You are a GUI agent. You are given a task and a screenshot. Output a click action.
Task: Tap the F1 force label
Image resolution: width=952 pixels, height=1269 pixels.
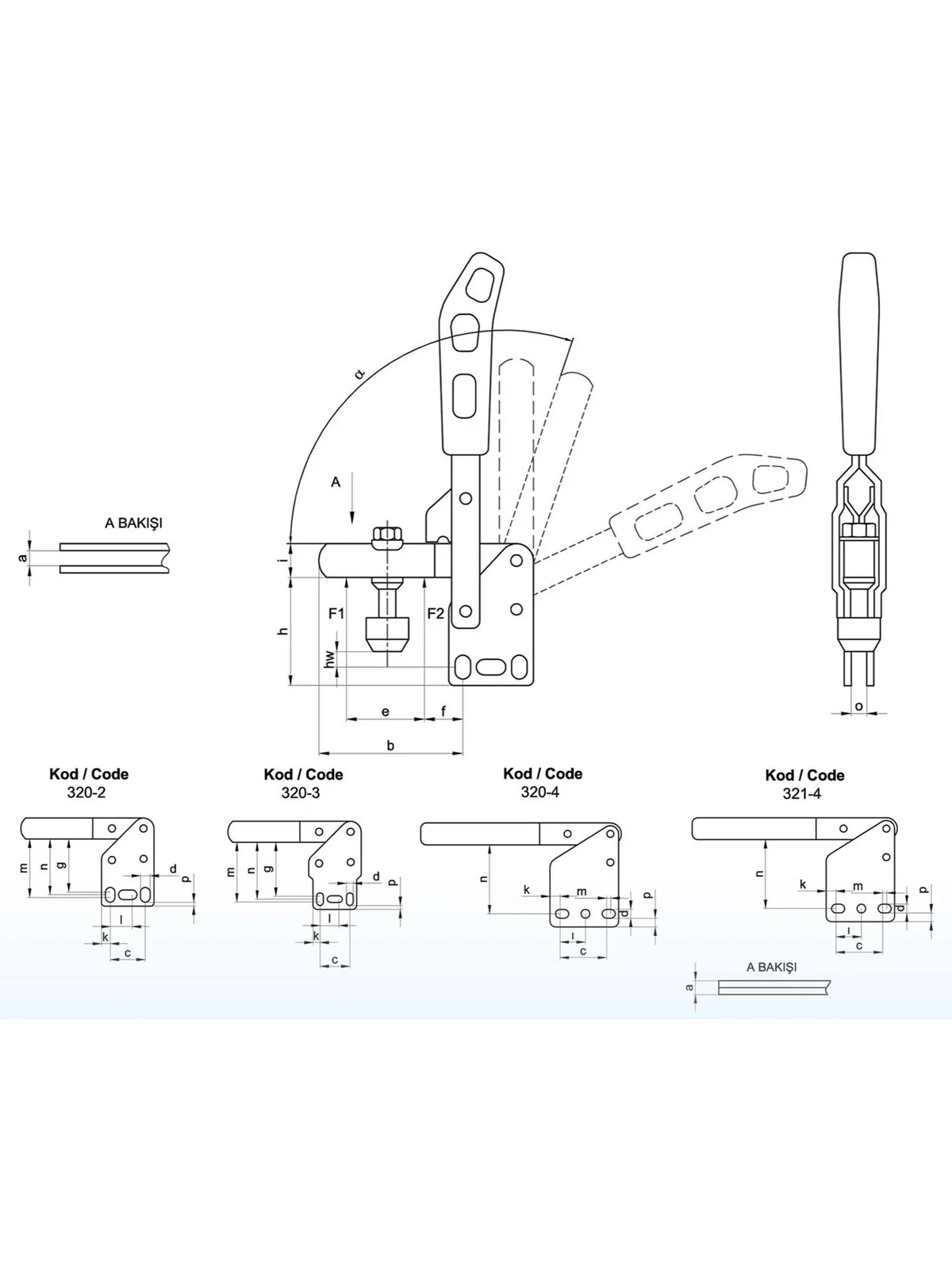coord(336,613)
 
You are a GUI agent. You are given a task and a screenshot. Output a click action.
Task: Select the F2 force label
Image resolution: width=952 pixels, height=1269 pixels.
coord(436,613)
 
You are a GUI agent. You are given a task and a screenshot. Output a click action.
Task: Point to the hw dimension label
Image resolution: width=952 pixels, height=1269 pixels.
coord(329,659)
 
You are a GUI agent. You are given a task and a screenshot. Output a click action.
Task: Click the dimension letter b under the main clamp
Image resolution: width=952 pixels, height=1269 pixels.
coord(391,746)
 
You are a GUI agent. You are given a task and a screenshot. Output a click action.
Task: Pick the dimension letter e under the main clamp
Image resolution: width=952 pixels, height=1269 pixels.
coord(386,712)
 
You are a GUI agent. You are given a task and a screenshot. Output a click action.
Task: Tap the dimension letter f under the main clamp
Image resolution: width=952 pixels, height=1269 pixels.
coord(444,711)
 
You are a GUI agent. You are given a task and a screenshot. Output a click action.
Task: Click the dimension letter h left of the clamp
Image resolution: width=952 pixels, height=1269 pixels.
coord(282,631)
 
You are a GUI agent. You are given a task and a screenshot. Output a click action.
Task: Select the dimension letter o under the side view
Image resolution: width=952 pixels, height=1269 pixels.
coord(859,707)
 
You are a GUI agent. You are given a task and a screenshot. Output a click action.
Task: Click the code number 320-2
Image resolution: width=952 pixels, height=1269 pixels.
coord(86,792)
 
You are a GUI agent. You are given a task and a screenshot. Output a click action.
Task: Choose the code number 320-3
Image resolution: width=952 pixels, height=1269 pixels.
coord(301,792)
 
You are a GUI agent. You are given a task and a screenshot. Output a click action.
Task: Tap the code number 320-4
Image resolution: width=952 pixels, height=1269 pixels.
coord(540,792)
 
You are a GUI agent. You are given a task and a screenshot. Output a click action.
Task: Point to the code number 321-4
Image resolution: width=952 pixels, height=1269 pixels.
coord(802,794)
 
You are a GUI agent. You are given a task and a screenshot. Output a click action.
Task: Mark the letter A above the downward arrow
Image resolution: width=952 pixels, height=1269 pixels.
coord(336,481)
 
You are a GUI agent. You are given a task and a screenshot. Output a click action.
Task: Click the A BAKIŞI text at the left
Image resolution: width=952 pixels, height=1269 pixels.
coord(133,523)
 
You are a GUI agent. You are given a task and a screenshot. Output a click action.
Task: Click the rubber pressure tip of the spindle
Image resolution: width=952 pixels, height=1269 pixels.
coord(387,635)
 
